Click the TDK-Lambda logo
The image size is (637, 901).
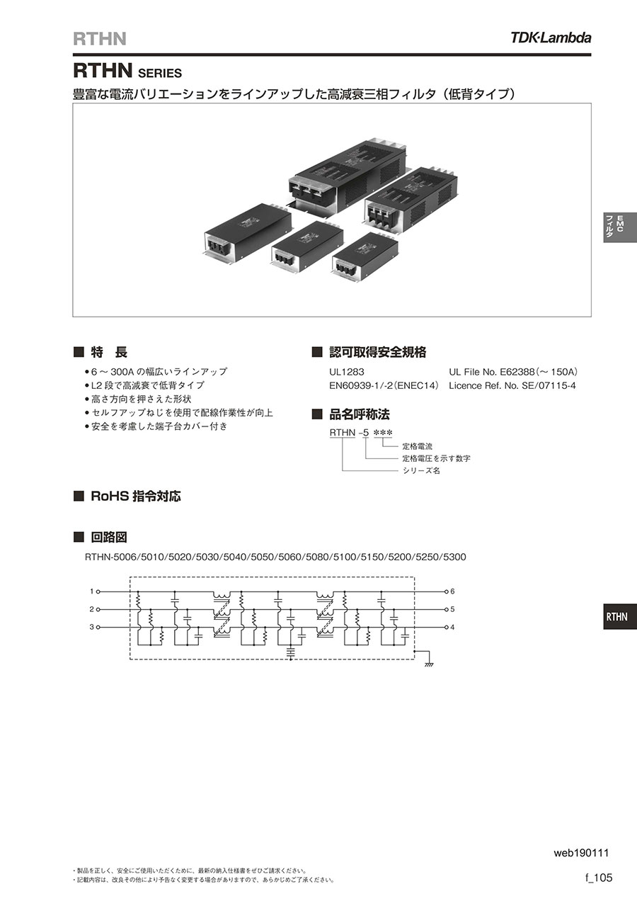tap(551, 38)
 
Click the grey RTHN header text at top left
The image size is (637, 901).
tap(100, 39)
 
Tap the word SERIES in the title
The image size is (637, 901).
tap(159, 73)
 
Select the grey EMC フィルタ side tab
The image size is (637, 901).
tap(620, 227)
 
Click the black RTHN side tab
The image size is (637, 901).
tap(620, 617)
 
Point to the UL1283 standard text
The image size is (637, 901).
tap(346, 372)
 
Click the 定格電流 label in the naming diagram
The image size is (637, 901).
tap(417, 446)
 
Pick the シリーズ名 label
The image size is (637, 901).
tap(421, 470)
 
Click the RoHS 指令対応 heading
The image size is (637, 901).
tap(136, 497)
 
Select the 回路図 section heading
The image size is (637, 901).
tap(109, 537)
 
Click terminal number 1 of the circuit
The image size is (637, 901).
tap(91, 591)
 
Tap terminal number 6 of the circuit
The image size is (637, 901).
tap(452, 591)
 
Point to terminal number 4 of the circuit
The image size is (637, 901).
tap(452, 627)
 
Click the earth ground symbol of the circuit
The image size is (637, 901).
tap(429, 664)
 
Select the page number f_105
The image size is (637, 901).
tap(599, 877)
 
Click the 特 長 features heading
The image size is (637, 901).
tap(109, 352)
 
